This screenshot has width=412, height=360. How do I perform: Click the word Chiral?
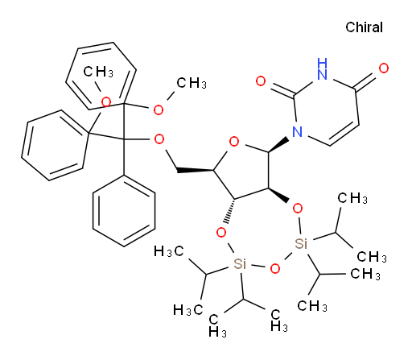click(x=364, y=27)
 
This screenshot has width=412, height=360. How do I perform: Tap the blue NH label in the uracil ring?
click(x=322, y=68)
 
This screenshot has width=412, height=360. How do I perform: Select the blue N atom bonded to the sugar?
click(x=297, y=131)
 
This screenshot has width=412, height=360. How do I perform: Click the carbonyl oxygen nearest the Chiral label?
click(x=384, y=68)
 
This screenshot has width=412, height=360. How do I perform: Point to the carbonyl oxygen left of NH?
click(x=261, y=81)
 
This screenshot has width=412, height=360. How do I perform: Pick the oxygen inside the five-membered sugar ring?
click(x=234, y=142)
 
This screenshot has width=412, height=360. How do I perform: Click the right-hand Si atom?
click(x=301, y=244)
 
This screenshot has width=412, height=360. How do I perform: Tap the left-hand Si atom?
click(x=240, y=263)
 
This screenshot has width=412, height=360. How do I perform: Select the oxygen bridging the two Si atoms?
click(x=275, y=268)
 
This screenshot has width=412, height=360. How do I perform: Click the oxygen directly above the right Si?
click(x=298, y=209)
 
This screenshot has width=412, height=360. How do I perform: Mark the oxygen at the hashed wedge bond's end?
click(x=221, y=233)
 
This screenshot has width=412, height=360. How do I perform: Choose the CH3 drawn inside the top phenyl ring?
click(x=98, y=72)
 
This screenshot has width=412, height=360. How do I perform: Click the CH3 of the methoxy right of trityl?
click(x=192, y=83)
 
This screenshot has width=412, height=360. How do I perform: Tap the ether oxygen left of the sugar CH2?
click(x=159, y=139)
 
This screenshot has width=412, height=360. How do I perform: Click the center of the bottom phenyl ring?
click(x=124, y=211)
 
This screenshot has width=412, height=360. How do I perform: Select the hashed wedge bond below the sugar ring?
click(x=230, y=211)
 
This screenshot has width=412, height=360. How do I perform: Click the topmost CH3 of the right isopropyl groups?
click(x=352, y=199)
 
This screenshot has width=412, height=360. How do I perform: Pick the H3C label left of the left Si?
click(x=169, y=251)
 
